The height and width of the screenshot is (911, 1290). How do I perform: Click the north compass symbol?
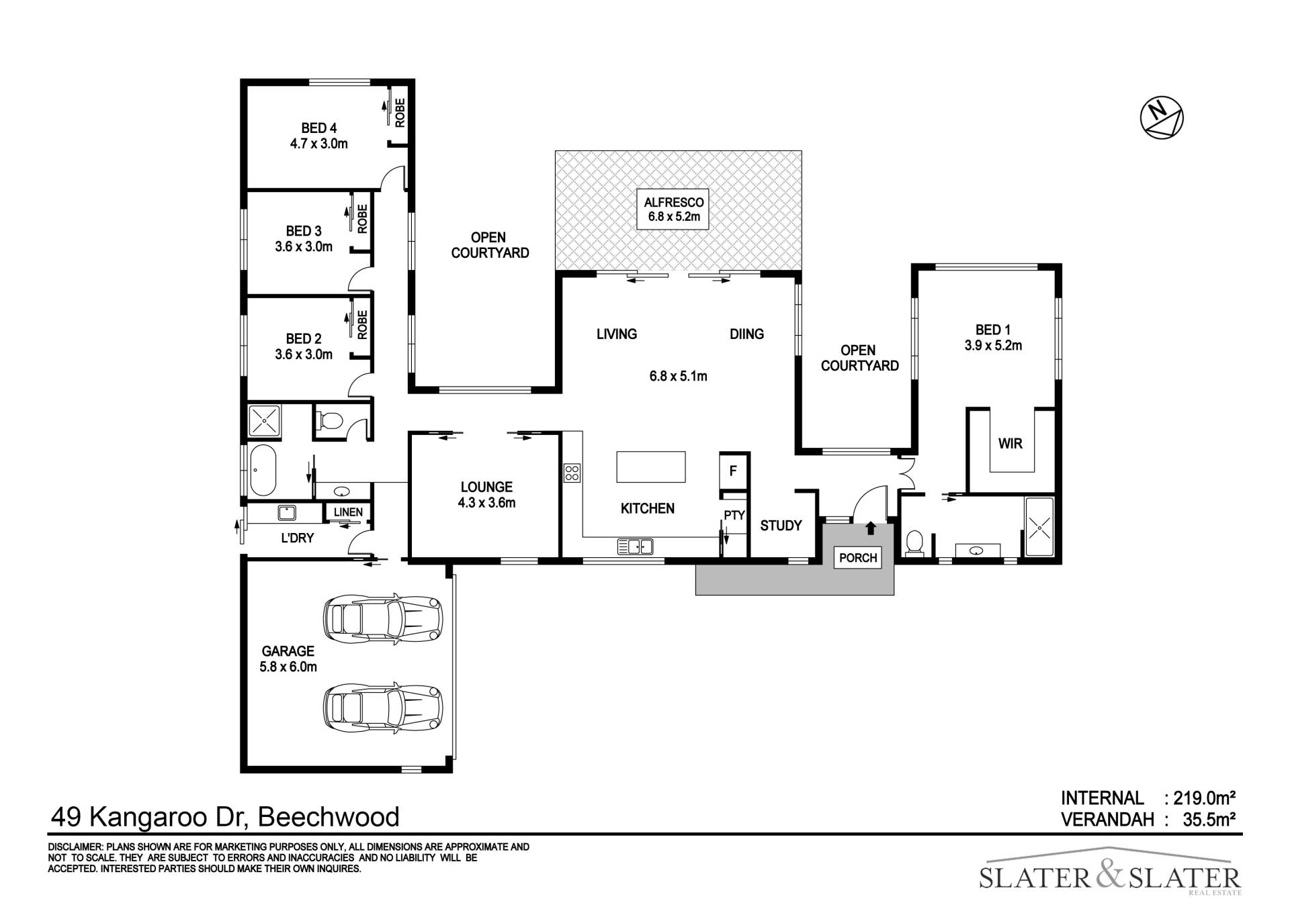click(x=1162, y=118)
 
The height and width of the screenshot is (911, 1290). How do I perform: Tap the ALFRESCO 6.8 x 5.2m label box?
click(x=673, y=209)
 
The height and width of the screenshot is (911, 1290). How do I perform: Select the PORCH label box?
click(x=858, y=558)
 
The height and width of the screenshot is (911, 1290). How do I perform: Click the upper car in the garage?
click(x=383, y=618)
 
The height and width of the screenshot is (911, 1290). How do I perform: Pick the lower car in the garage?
click(x=383, y=708)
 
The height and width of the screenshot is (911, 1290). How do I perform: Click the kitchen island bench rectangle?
click(x=651, y=467)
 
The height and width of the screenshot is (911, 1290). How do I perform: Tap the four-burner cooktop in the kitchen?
click(x=572, y=473)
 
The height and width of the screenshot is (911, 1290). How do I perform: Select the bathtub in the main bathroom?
click(x=263, y=471)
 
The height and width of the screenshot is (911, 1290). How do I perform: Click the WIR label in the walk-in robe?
click(x=1010, y=444)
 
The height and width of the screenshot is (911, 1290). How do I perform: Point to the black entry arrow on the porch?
click(x=871, y=528)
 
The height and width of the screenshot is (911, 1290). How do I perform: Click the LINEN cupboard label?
click(x=348, y=512)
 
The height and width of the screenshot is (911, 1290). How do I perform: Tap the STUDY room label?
click(x=781, y=526)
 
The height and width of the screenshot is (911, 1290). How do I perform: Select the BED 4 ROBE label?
click(x=400, y=113)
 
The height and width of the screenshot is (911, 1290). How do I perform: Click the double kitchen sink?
click(x=635, y=546)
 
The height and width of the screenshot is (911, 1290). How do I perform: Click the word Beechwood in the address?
click(x=329, y=817)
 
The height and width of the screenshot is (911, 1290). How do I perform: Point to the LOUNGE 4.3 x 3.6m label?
click(x=486, y=495)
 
